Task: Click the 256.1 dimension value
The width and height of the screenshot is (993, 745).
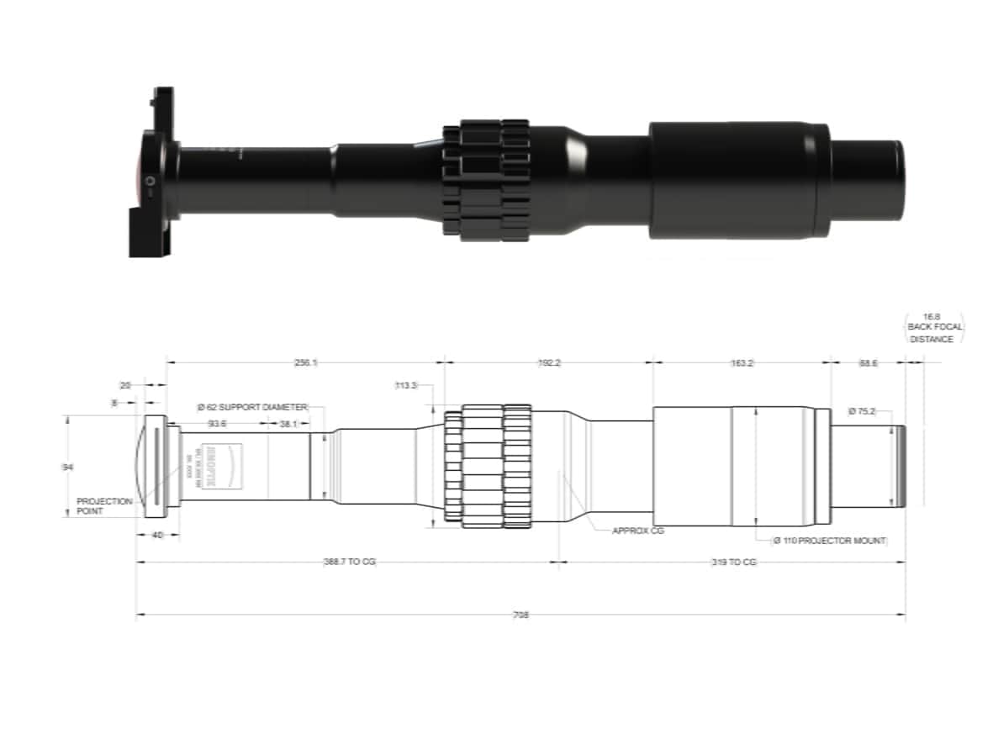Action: (x=305, y=362)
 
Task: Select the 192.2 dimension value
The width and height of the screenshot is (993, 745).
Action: (x=548, y=362)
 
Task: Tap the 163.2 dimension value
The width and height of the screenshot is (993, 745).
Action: (x=742, y=362)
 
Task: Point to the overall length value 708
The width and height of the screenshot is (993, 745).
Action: (x=521, y=615)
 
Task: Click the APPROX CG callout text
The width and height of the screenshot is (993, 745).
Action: (x=637, y=531)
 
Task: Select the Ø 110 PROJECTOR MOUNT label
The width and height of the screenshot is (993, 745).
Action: (x=831, y=541)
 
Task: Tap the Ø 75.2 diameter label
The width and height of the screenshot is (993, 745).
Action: (x=864, y=411)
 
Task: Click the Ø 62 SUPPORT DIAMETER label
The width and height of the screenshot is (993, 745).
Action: (x=252, y=407)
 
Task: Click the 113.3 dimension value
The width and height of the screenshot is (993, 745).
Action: (x=406, y=386)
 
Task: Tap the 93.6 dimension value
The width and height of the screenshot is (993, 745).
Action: (x=218, y=424)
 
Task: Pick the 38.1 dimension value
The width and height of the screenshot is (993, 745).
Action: (x=288, y=424)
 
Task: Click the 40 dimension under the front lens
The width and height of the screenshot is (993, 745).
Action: (x=156, y=534)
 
